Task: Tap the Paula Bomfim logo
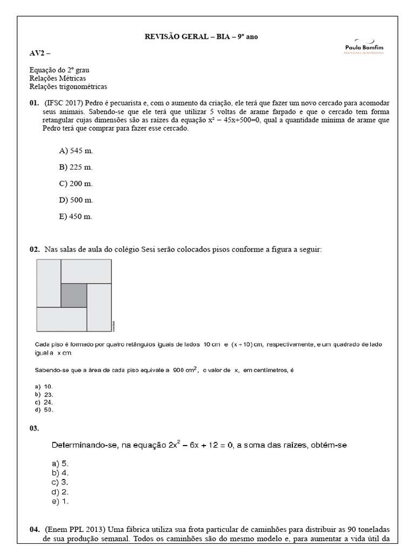pyautogui.click(x=364, y=46)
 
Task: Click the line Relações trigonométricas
pyautogui.click(x=68, y=86)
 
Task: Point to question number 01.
pyautogui.click(x=34, y=103)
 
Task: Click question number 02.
pyautogui.click(x=34, y=249)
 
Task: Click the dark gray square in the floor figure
pyautogui.click(x=73, y=296)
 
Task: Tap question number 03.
pyautogui.click(x=34, y=428)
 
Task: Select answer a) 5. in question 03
pyautogui.click(x=60, y=463)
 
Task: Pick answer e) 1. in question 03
pyautogui.click(x=60, y=501)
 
